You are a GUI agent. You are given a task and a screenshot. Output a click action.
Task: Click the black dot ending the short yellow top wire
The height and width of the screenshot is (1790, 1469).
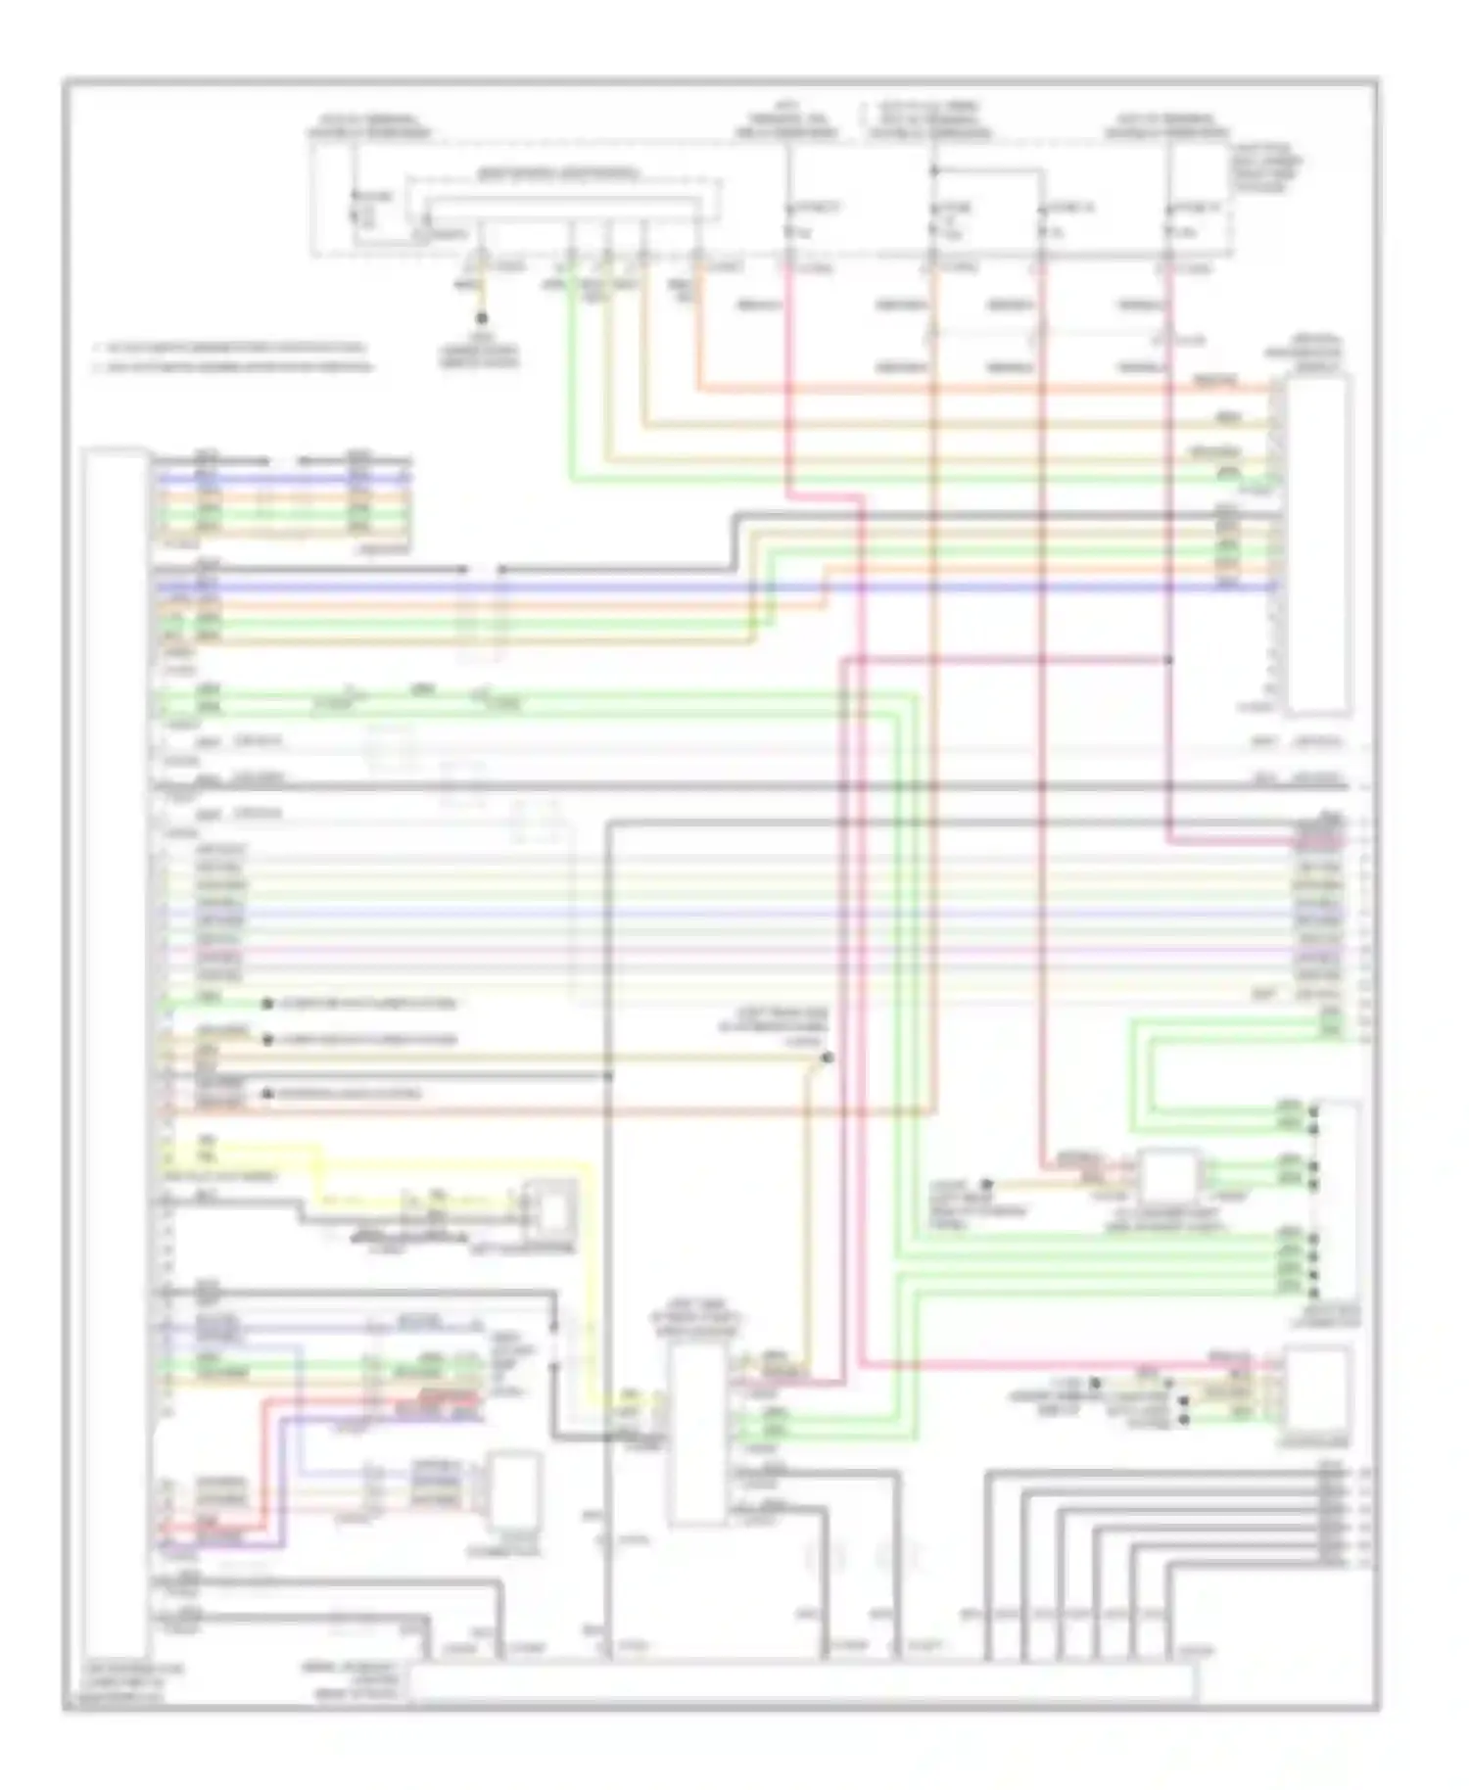coord(481,318)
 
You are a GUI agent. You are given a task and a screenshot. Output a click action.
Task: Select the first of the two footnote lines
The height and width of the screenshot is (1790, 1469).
coord(231,348)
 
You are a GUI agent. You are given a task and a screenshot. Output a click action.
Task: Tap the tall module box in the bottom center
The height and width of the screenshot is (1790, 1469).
coord(696,1435)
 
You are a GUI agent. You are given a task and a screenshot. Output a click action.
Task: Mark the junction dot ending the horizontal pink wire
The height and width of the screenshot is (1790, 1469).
coord(1169,660)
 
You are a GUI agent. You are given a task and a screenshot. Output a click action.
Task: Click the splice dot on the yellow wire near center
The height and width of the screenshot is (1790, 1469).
coord(828,1059)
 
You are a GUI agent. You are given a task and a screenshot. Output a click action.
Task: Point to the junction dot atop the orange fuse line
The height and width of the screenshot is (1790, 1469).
coord(933,172)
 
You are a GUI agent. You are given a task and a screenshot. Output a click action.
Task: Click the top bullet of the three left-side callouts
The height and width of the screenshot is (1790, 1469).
coord(266,1004)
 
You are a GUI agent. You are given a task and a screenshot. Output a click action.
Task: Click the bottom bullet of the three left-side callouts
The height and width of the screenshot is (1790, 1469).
coord(266,1094)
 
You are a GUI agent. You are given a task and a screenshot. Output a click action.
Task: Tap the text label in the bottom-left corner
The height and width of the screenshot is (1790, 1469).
coord(125,1683)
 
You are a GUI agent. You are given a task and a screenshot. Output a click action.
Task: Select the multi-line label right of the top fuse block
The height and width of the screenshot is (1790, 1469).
coord(1267,168)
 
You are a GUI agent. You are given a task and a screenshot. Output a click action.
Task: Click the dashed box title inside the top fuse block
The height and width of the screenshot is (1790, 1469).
coord(554,175)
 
